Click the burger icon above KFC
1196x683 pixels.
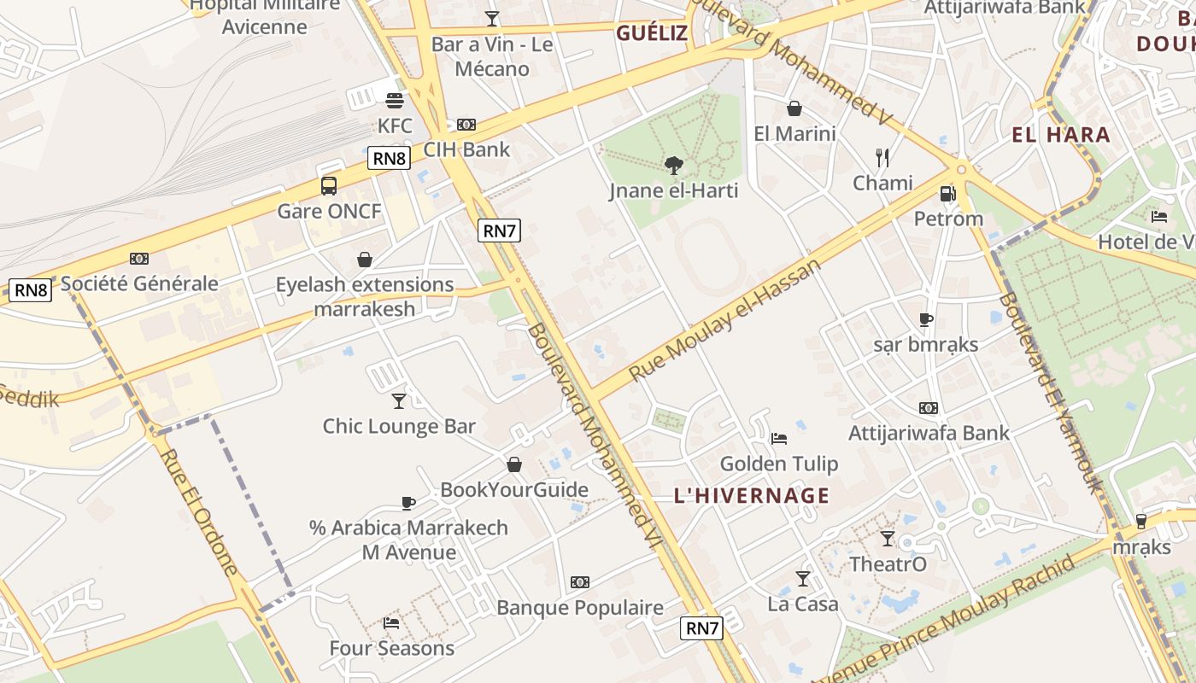coord(394,101)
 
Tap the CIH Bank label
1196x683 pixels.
coord(466,149)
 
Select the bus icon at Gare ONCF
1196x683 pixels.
coord(329,185)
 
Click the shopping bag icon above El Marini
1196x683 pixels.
coord(794,108)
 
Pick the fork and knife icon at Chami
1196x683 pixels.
coord(882,157)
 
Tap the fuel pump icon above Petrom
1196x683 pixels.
coord(947,194)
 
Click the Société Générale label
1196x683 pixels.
coord(139,283)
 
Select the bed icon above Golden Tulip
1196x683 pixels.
coord(778,439)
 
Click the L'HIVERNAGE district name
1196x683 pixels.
coord(752,496)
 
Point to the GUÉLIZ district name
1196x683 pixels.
coord(652,33)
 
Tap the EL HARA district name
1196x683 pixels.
coord(1061,135)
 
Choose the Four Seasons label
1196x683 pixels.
coord(392,648)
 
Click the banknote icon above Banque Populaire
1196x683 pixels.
coord(580,582)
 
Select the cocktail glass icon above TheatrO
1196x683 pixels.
coord(888,539)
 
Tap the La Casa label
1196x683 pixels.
coord(803,604)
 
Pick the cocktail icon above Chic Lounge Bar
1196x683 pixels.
coord(399,400)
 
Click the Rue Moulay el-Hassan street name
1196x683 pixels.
coord(725,319)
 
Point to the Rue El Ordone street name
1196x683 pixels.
coord(199,511)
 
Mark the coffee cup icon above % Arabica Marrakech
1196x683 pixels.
coord(408,503)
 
